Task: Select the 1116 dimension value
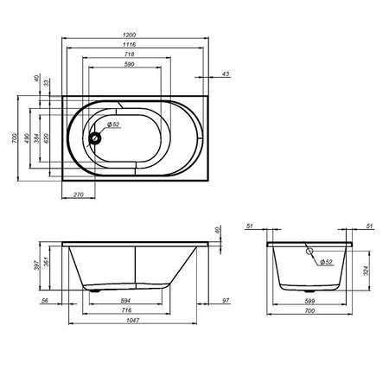129,44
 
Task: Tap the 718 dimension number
129,54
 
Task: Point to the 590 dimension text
129,65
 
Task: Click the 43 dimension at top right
226,74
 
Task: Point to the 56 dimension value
45,302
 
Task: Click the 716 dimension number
127,310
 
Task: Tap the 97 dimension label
225,302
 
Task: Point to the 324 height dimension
367,271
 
